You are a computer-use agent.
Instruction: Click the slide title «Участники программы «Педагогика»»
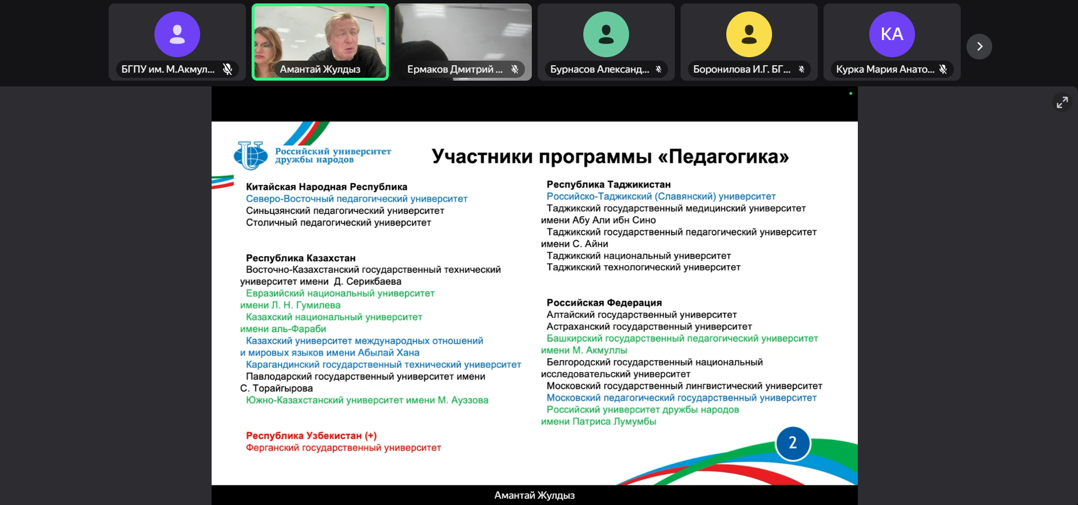[610, 156]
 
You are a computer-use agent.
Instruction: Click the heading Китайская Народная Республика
[327, 187]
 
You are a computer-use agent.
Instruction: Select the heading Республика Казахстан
[301, 258]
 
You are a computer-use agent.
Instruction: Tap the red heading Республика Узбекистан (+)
[311, 436]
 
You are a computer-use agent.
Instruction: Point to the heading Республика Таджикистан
[608, 185]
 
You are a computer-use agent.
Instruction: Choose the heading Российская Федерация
[604, 303]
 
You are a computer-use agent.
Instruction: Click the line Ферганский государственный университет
[343, 448]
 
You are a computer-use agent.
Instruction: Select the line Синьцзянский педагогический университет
[345, 211]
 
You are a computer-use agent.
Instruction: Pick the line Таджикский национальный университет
[639, 256]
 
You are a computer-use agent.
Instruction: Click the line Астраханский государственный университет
[649, 327]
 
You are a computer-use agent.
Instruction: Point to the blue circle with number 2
[793, 443]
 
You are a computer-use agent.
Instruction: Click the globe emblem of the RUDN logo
[250, 156]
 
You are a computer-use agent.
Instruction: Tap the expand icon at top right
[1062, 102]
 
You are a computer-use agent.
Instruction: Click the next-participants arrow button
[979, 46]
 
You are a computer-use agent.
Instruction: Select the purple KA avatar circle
[892, 34]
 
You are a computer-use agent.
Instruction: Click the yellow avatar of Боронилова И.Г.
[749, 34]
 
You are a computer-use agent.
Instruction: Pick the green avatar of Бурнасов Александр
[606, 34]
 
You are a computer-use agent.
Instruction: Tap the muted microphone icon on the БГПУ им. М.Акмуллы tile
[228, 69]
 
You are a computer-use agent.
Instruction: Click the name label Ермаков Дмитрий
[455, 69]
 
